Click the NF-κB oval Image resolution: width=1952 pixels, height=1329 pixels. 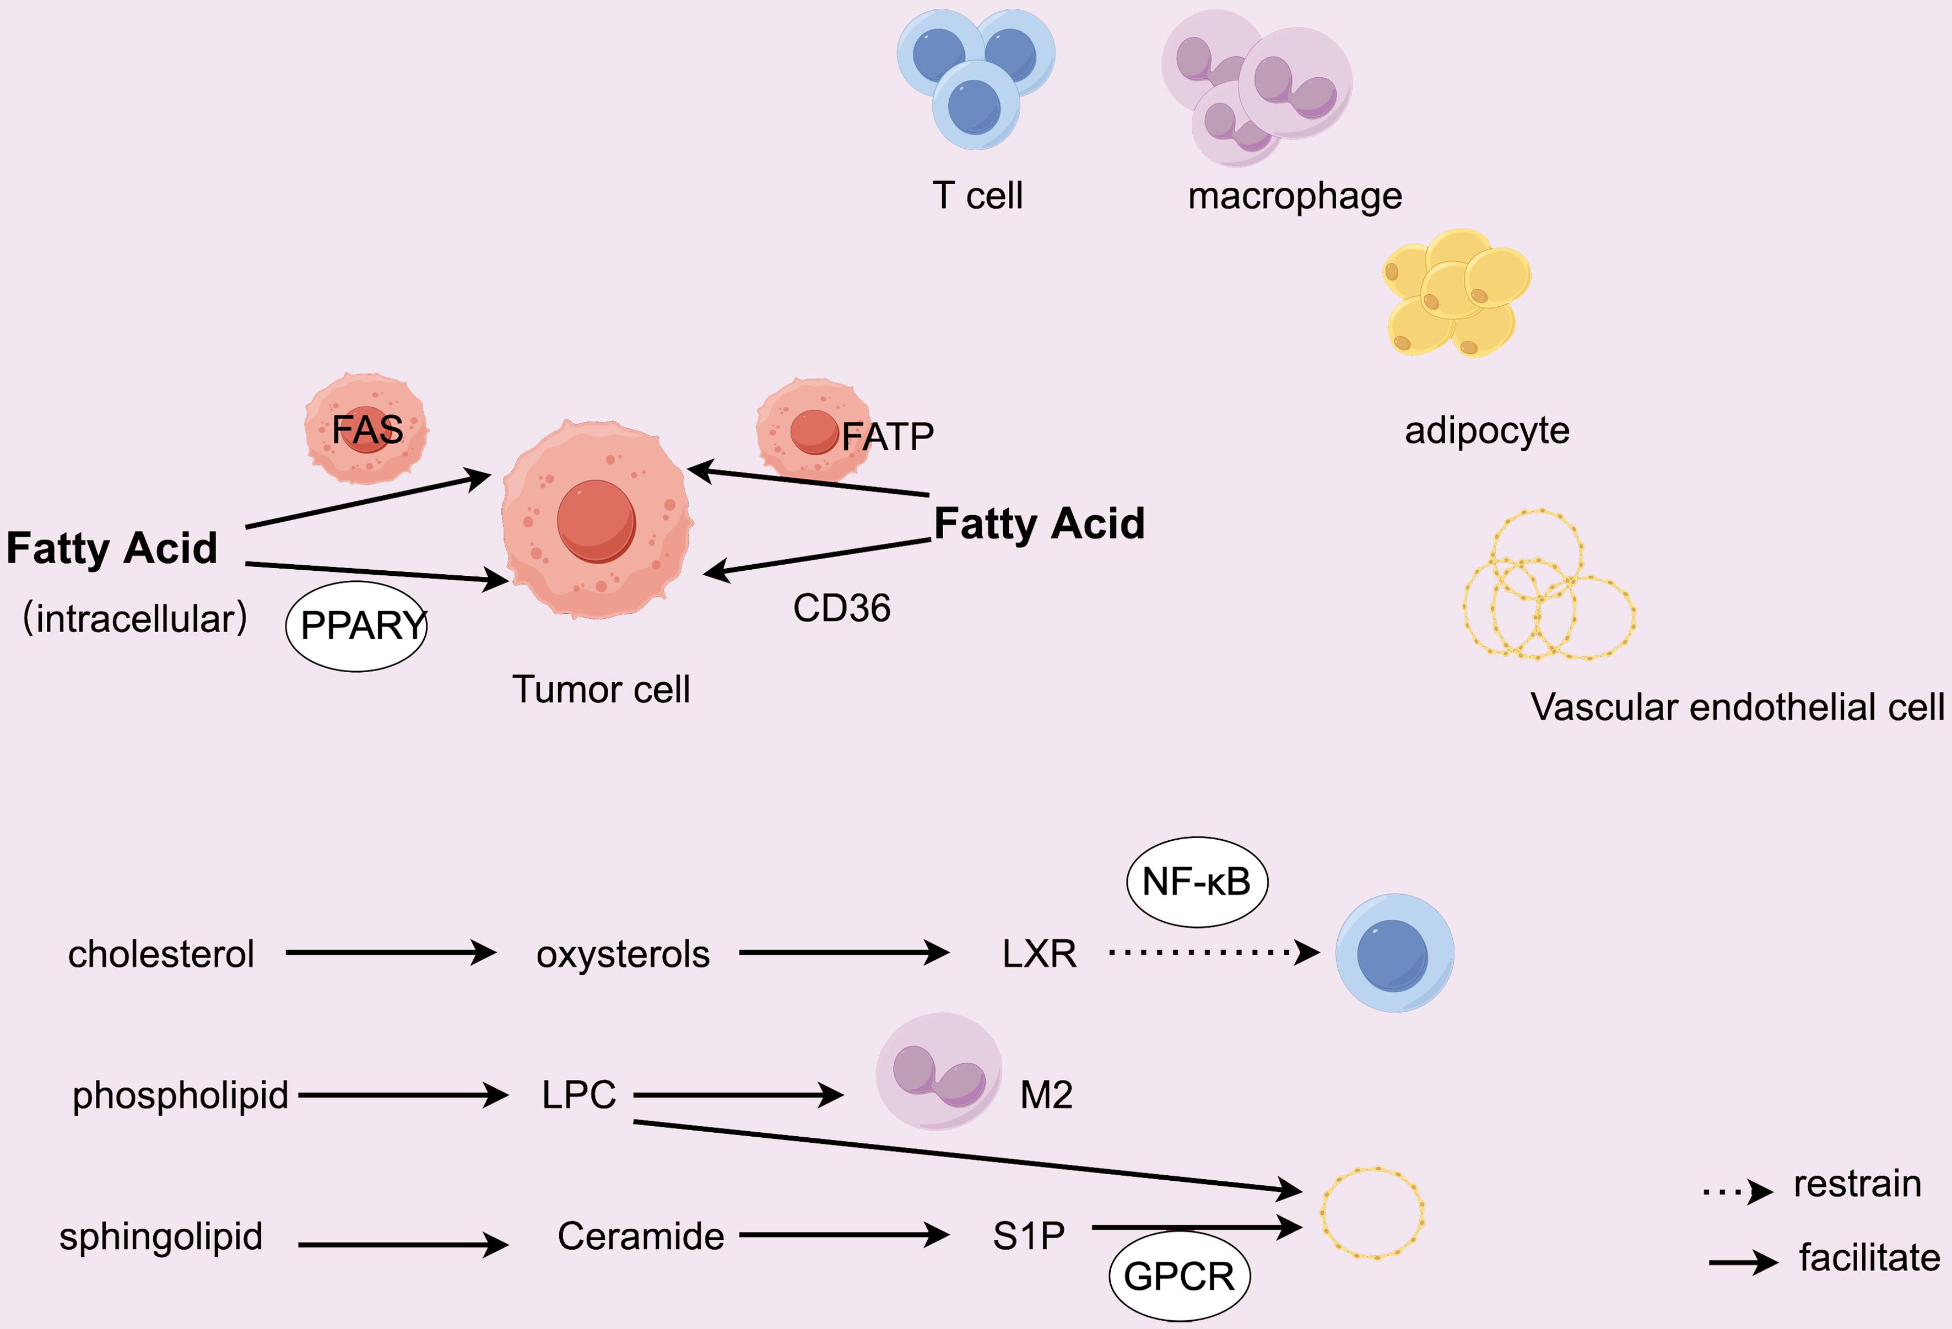(x=1196, y=882)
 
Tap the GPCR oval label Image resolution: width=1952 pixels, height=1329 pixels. (x=1179, y=1276)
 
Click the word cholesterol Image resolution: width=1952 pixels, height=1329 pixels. (x=160, y=954)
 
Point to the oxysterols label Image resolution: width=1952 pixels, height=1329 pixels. (x=623, y=954)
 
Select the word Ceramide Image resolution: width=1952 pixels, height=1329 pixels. (x=641, y=1236)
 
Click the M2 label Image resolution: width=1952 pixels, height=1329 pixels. (x=1046, y=1095)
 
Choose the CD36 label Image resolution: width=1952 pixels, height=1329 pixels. (x=842, y=608)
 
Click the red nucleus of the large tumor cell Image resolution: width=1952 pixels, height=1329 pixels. (x=596, y=521)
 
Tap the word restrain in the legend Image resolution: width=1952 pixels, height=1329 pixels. (x=1857, y=1184)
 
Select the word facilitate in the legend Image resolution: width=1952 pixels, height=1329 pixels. (x=1869, y=1257)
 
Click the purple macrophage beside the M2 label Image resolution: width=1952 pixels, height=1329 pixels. (x=938, y=1071)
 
